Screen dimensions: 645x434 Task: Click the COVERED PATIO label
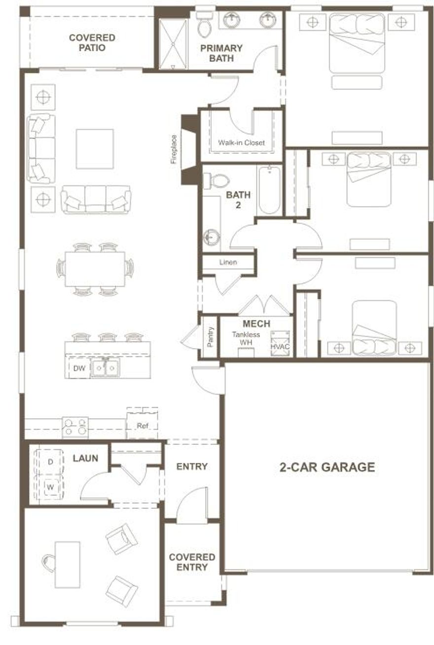(x=92, y=42)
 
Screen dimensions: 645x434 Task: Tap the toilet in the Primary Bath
(x=204, y=26)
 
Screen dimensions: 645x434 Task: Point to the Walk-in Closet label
(x=241, y=143)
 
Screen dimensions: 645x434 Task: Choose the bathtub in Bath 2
(x=269, y=190)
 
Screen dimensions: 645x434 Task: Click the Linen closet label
(x=228, y=262)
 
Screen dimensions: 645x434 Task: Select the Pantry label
(x=211, y=337)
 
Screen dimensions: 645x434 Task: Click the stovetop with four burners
(x=75, y=427)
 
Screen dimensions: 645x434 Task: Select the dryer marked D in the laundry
(x=50, y=462)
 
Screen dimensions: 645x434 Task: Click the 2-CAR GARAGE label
(x=327, y=467)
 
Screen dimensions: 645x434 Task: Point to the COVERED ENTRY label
(x=192, y=562)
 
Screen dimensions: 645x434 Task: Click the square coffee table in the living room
(x=95, y=149)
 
